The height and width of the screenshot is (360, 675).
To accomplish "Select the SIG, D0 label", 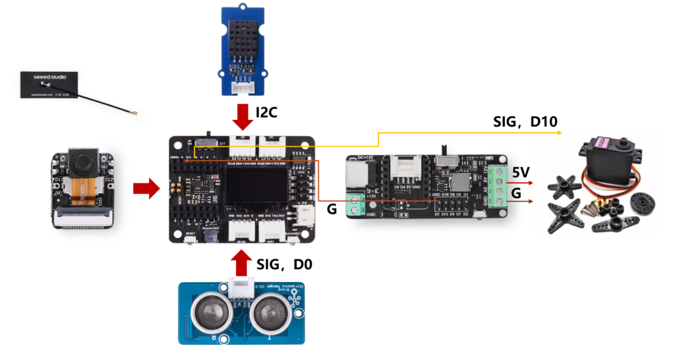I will click(x=284, y=264).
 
